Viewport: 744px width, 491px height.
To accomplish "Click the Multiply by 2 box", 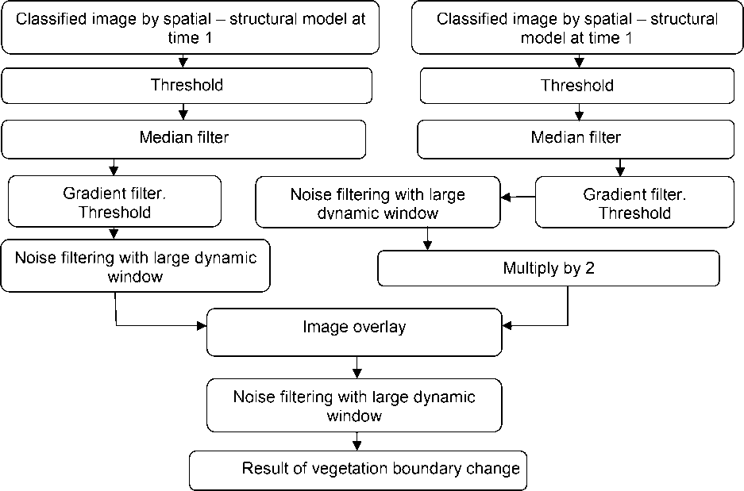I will tap(549, 268).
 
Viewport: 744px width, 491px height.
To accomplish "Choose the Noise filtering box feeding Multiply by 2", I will tap(378, 203).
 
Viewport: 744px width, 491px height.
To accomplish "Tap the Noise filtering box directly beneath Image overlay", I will tap(354, 405).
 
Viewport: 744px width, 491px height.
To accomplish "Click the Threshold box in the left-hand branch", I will tap(187, 86).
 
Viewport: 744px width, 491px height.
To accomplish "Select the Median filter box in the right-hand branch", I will tap(576, 138).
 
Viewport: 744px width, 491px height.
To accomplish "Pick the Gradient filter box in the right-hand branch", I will tap(634, 203).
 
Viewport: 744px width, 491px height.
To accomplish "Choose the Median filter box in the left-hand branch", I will tap(183, 138).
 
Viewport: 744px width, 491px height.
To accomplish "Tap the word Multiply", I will tap(530, 268).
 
